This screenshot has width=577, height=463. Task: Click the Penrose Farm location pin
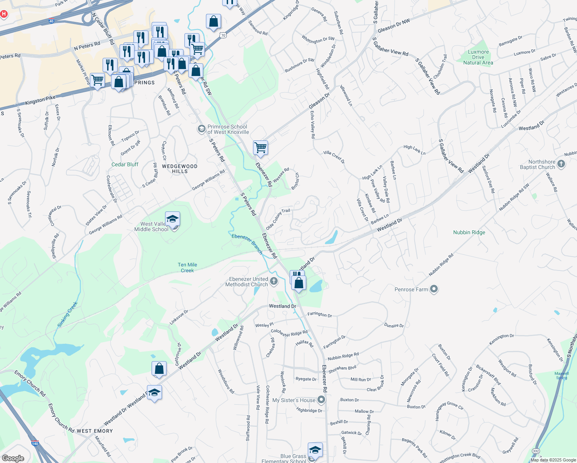[434, 289]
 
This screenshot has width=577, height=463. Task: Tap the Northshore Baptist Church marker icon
[561, 164]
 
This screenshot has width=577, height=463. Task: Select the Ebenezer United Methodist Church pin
[274, 281]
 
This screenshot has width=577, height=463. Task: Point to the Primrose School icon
[201, 129]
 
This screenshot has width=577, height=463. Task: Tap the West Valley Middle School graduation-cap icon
[172, 220]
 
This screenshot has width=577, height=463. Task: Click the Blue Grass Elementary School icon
[315, 450]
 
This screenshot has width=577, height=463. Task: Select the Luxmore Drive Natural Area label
[478, 57]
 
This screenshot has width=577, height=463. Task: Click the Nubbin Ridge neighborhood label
[469, 232]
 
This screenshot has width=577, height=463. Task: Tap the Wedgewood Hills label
[180, 169]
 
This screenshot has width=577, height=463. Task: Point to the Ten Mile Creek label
[187, 267]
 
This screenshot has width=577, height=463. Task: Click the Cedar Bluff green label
[125, 164]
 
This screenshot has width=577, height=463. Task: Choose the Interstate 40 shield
[52, 22]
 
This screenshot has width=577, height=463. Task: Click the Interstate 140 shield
[35, 443]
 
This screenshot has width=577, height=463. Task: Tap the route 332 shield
[536, 451]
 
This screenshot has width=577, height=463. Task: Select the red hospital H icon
[4, 14]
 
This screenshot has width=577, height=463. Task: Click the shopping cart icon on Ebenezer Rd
[261, 147]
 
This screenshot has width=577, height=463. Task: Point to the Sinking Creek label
[68, 314]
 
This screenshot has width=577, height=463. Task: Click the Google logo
[13, 458]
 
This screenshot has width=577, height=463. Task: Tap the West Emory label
[94, 431]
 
